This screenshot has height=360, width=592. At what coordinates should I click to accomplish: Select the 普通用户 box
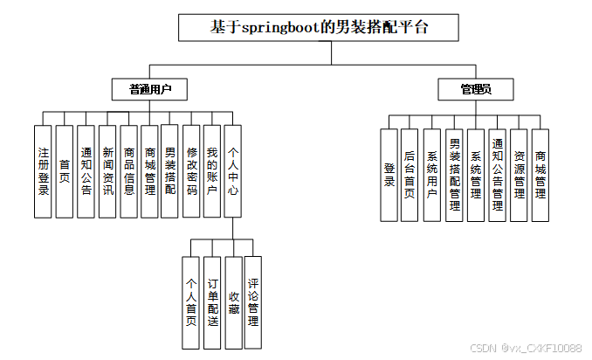[x=149, y=89]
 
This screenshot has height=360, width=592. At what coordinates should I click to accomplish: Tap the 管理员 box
[x=476, y=89]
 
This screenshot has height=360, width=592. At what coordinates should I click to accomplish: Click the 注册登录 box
[x=43, y=171]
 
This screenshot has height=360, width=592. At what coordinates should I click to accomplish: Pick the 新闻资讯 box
[x=107, y=171]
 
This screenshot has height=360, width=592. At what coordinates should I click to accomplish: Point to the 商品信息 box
[x=128, y=171]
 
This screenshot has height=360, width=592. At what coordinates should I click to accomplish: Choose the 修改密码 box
[x=191, y=171]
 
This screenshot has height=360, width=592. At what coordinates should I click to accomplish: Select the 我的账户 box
[x=211, y=171]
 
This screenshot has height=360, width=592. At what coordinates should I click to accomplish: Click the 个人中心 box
[x=233, y=171]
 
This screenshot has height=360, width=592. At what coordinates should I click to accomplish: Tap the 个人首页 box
[x=191, y=303]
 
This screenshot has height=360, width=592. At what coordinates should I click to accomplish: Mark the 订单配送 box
[x=212, y=303]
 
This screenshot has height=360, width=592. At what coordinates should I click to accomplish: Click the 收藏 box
[x=233, y=303]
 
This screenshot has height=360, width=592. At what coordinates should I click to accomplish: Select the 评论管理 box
[x=253, y=303]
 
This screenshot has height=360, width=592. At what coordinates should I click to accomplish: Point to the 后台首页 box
[x=410, y=175]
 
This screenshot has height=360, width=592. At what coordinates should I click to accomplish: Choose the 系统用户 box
[x=431, y=175]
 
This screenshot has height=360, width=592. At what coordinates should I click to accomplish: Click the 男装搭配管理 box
[x=454, y=175]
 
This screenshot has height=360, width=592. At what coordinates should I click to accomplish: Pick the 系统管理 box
[x=475, y=175]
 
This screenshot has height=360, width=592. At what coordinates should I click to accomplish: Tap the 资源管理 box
[x=519, y=175]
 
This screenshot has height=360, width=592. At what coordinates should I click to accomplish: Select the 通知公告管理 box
[x=497, y=175]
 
